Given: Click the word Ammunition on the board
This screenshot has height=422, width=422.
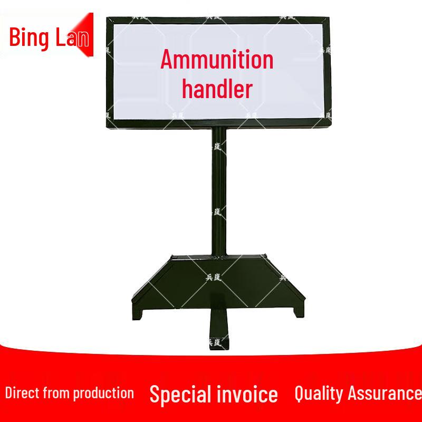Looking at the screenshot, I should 217,60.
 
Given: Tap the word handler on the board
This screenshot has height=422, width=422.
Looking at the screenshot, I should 217,89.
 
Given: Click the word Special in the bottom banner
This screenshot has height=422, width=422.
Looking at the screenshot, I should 180,394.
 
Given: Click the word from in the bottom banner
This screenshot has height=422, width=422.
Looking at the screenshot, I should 57,392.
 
